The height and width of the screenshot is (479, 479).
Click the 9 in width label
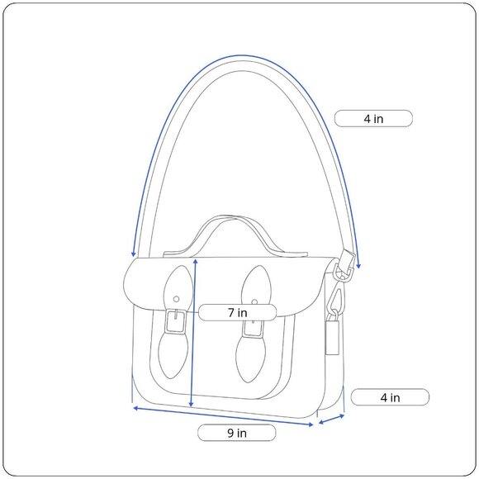point(237,433)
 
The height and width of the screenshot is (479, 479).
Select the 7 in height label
point(237,312)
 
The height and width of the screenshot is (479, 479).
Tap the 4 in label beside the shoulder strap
point(373,119)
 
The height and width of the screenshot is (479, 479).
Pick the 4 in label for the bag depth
point(390,397)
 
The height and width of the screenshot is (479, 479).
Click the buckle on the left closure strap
point(176,322)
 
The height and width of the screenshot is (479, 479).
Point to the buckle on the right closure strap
point(253,328)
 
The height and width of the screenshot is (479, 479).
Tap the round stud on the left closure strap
point(176,299)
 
